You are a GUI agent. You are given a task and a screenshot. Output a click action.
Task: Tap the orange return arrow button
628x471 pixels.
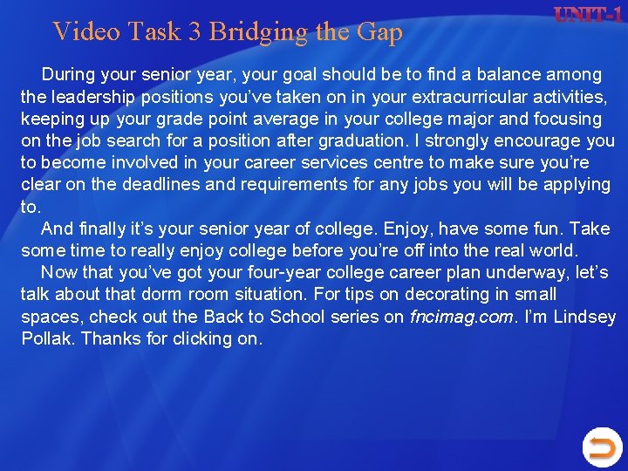pyautogui.click(x=602, y=447)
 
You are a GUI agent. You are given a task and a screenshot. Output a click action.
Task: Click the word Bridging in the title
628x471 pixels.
pyautogui.click(x=259, y=32)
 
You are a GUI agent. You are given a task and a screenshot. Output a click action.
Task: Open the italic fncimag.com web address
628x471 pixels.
pyautogui.click(x=461, y=317)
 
